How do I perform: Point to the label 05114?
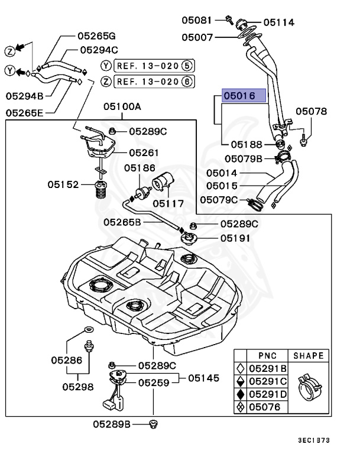(278, 22)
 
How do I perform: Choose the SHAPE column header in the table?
(308, 356)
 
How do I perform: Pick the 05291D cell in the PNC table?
(267, 394)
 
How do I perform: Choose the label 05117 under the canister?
(168, 203)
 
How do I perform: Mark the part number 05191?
(235, 238)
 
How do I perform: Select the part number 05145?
(203, 377)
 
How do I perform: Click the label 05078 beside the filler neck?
(311, 111)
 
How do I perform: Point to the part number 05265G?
(96, 36)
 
